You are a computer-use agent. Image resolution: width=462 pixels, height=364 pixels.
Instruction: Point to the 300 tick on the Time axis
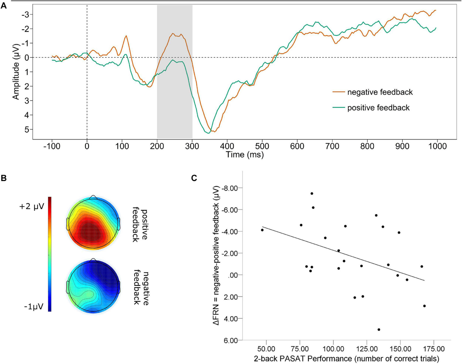point(192,146)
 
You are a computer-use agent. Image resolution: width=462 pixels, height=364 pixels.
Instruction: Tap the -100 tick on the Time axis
point(52,146)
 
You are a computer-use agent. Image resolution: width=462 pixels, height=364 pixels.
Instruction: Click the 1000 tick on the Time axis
point(437,146)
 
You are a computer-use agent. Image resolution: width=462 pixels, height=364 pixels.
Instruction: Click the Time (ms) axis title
point(244,154)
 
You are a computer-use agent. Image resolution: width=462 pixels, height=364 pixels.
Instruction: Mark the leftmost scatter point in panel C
point(262,230)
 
